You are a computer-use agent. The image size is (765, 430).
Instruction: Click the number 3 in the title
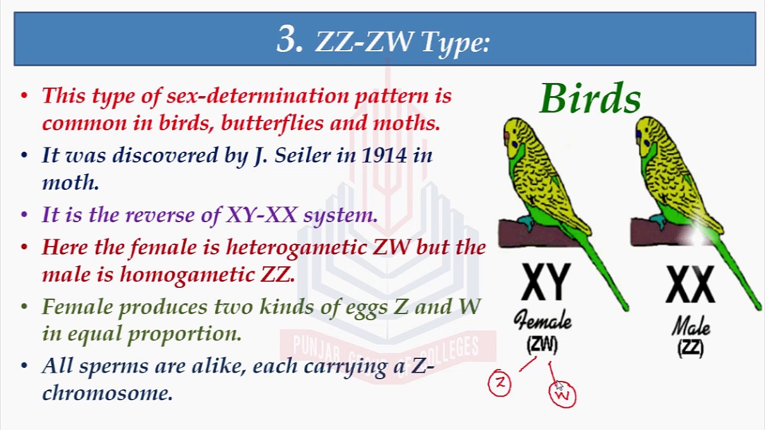tap(290, 40)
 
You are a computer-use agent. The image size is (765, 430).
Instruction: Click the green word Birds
tap(590, 99)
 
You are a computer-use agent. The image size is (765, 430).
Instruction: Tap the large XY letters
tap(544, 283)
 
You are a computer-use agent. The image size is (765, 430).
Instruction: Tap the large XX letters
tap(690, 285)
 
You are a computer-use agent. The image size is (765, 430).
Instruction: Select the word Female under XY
tap(543, 322)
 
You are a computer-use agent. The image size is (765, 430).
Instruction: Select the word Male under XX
tap(691, 327)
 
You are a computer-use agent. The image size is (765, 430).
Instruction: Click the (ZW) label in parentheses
tap(543, 345)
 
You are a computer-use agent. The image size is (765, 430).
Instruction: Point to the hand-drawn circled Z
tap(500, 383)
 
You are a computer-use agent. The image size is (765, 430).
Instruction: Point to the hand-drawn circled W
tap(562, 395)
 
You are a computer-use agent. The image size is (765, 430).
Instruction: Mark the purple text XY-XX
tap(261, 215)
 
